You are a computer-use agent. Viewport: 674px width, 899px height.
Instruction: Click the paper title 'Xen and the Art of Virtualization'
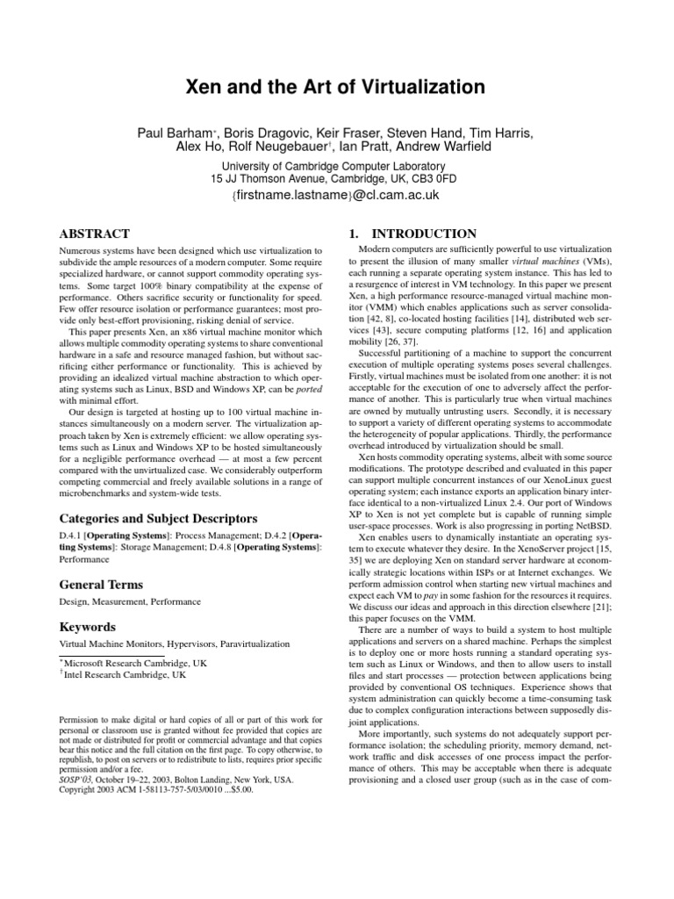coord(337,87)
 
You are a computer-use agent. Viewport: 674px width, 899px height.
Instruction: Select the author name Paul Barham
coord(169,133)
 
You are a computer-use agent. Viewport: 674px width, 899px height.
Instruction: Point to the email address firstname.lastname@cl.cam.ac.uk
coord(337,195)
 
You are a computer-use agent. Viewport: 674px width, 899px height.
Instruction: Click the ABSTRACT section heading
coord(94,234)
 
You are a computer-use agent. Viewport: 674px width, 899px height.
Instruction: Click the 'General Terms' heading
coord(100,584)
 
